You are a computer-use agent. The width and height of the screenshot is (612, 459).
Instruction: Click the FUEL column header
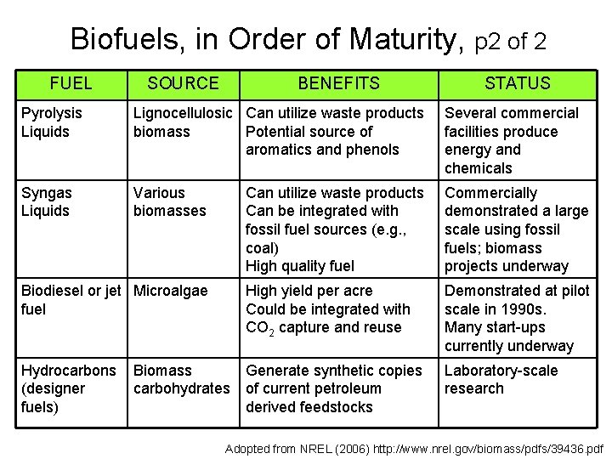71,83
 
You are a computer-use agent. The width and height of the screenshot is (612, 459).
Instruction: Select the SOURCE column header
183,83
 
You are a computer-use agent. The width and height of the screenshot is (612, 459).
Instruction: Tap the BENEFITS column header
338,83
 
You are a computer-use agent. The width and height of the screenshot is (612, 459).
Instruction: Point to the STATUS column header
517,83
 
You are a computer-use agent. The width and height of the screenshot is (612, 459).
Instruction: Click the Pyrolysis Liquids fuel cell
52,122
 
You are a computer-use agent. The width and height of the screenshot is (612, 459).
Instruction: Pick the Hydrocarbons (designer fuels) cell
68,388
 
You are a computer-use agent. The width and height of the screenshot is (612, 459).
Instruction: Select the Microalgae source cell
170,291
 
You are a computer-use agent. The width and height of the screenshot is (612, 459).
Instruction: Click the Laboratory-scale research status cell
501,379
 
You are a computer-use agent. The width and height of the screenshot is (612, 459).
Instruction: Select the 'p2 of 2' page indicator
510,40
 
